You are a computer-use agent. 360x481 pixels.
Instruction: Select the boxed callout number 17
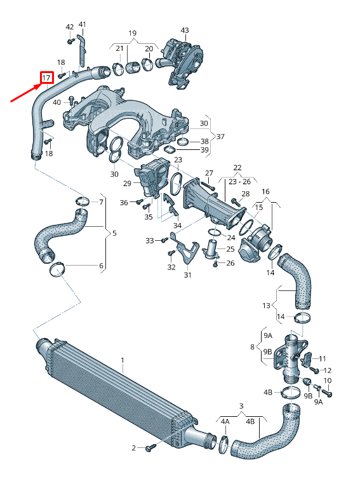[46, 78]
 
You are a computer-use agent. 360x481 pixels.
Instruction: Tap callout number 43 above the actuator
[185, 30]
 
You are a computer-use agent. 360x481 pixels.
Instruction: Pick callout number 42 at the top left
[70, 27]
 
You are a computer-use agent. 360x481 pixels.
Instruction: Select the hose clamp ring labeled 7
[82, 203]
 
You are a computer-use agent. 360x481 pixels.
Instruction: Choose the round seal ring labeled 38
[182, 141]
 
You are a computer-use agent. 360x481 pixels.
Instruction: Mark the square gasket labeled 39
[170, 149]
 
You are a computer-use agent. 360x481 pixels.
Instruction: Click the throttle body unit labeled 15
[259, 241]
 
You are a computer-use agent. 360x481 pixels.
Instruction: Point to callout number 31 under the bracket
[187, 275]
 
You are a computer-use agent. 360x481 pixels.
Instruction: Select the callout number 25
[230, 248]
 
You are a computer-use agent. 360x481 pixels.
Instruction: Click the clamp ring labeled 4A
[223, 444]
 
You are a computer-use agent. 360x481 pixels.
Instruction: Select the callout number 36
[124, 203]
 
